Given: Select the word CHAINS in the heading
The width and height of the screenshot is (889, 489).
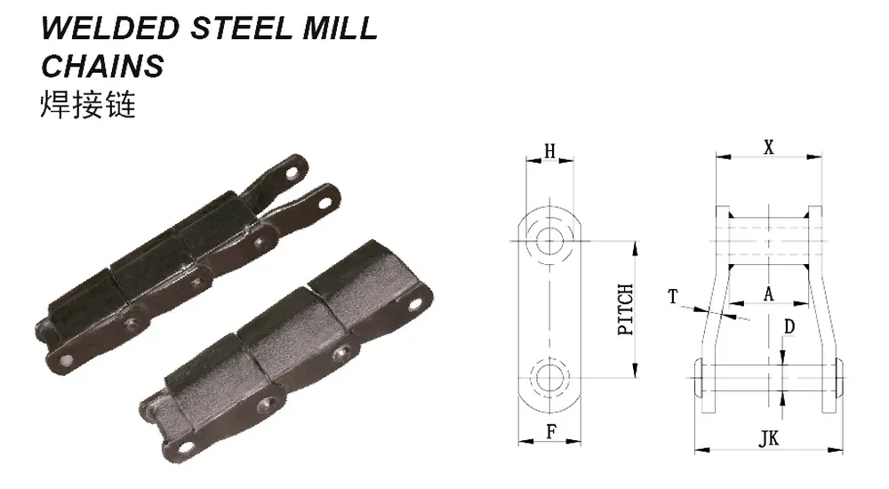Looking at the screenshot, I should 103,66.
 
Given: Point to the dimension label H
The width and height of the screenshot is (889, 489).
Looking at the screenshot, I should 550,151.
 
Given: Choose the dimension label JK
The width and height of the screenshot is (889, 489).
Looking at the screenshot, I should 769,438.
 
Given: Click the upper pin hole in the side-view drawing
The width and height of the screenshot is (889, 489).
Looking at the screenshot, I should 551,238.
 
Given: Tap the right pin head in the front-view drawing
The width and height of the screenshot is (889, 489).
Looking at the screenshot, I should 839,379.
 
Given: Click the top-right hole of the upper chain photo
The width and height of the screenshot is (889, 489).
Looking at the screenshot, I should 326,197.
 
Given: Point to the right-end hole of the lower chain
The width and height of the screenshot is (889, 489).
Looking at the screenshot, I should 415,305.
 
